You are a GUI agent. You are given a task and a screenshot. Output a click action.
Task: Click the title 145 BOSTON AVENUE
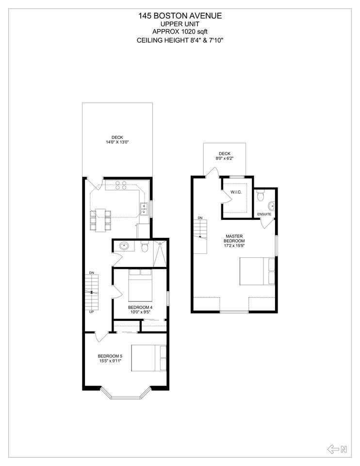[x=180, y=16]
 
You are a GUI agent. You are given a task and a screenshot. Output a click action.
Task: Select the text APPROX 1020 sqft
[x=180, y=32]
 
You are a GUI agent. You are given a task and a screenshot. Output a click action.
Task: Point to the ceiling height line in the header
[x=180, y=40]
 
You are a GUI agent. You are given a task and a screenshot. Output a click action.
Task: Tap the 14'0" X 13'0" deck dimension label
[x=117, y=142]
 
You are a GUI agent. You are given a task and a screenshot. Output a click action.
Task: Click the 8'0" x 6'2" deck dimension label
[x=224, y=158]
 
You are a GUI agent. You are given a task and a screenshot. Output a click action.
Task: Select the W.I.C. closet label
[x=236, y=192]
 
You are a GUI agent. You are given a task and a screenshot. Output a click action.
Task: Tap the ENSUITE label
[x=265, y=214]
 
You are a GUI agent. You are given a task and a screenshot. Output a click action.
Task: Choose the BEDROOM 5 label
[x=110, y=358]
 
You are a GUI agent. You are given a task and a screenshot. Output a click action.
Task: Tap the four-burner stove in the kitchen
[x=121, y=184]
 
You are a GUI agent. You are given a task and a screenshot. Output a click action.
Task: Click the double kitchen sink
[x=144, y=208]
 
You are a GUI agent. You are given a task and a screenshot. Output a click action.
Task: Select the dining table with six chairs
[x=100, y=219]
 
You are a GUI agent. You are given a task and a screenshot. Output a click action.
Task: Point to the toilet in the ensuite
[x=261, y=195]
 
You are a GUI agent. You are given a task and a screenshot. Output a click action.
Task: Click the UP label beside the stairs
[x=91, y=312]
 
